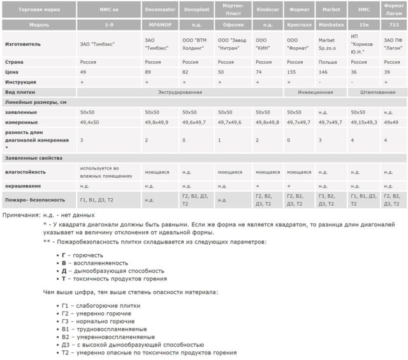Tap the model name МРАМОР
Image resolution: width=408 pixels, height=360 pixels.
(159, 25)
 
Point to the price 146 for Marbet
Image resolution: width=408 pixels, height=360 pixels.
(323, 73)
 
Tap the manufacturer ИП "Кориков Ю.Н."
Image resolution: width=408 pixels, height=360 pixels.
(364, 44)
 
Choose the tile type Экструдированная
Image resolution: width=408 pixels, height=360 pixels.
(180, 92)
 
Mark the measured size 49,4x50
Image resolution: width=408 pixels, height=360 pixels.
(89, 122)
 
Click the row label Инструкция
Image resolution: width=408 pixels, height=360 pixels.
(21, 82)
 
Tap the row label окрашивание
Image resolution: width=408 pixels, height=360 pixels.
(24, 186)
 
